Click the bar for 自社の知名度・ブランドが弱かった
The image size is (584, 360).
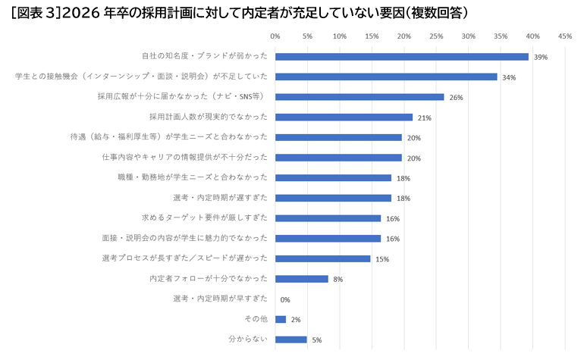click(x=401, y=57)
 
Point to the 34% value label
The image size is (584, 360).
click(x=509, y=77)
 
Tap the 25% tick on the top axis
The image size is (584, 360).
click(x=436, y=36)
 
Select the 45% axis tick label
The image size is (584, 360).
click(x=564, y=36)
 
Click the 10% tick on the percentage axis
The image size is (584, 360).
click(x=339, y=36)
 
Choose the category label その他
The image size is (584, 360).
click(x=254, y=319)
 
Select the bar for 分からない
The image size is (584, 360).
click(x=291, y=340)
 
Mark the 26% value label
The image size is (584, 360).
click(x=456, y=98)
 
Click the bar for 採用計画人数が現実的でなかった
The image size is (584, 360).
click(x=344, y=117)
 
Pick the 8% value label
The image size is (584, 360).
click(x=338, y=279)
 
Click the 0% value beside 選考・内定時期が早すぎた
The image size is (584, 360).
click(x=285, y=299)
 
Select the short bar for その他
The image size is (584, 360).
click(x=281, y=319)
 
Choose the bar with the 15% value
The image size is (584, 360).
click(x=322, y=258)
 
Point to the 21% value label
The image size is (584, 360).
click(x=424, y=117)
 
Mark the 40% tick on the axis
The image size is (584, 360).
click(x=532, y=36)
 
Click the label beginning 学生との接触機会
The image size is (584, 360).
click(x=142, y=77)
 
